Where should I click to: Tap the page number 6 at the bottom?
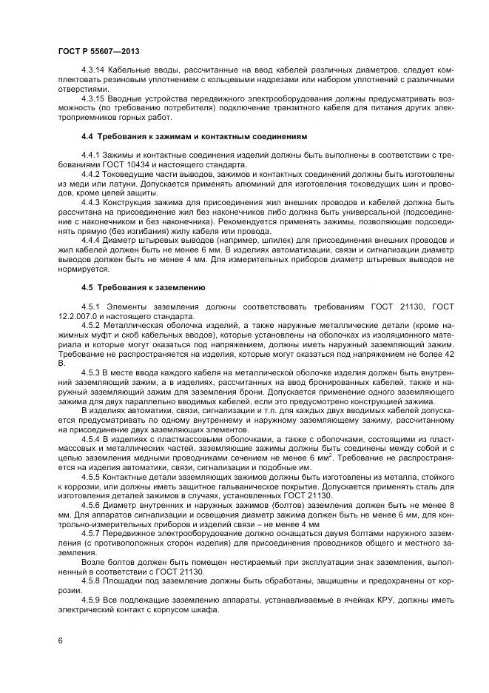click(x=59, y=640)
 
